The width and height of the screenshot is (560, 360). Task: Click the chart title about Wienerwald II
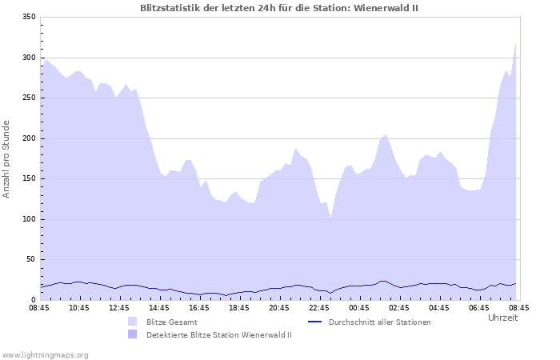pos(278,8)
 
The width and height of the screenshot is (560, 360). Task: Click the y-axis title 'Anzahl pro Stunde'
pos(6,158)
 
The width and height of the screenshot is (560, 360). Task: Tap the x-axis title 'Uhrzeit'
pos(502,318)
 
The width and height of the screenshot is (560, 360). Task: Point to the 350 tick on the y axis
pos(29,17)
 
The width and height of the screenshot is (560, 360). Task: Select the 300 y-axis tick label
pos(29,58)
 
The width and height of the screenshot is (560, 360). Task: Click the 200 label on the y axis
pos(29,138)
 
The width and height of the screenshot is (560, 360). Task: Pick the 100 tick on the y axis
pos(29,219)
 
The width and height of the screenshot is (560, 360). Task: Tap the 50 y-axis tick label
pos(31,260)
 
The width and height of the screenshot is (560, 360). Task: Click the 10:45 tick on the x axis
pos(79,307)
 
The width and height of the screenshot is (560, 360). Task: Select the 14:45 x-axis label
pos(159,307)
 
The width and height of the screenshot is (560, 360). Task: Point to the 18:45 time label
pos(239,307)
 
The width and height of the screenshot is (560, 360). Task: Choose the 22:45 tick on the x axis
pos(319,307)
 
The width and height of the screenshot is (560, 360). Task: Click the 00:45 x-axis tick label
pos(359,307)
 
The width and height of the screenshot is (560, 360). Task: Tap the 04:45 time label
pos(439,307)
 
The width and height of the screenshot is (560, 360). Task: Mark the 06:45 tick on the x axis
pos(479,307)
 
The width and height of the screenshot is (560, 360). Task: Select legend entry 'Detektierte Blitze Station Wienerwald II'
pos(218,334)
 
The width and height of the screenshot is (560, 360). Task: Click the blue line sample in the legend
pos(314,322)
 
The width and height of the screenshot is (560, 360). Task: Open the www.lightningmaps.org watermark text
pos(45,354)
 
